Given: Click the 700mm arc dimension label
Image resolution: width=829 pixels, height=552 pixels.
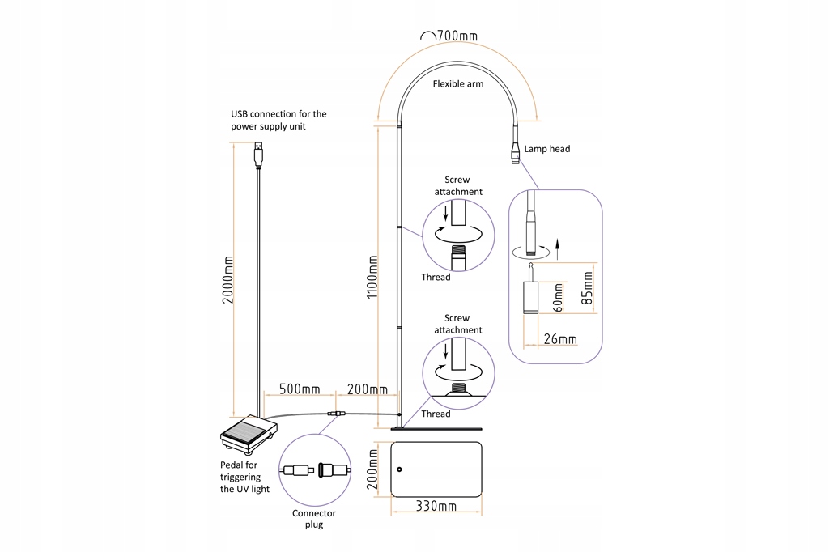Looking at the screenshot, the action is tap(457, 36).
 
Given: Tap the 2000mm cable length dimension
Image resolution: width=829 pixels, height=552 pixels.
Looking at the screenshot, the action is tap(227, 280).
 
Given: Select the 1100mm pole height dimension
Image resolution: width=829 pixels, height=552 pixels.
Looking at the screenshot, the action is tap(372, 277).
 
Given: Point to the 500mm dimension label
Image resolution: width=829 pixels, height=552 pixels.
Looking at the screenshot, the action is tap(300, 389).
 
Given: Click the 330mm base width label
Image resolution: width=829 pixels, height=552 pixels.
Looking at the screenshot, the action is tap(436, 506).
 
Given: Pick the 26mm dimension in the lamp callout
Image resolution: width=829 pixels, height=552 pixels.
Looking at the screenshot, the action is tap(560, 339).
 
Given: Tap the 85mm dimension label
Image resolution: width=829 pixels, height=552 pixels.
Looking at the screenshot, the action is tap(587, 288).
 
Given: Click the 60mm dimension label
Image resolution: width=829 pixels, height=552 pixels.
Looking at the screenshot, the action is tap(558, 298).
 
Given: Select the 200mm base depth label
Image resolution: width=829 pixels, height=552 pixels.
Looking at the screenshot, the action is tap(372, 469).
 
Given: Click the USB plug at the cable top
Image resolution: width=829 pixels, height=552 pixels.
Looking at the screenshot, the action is tap(258, 153).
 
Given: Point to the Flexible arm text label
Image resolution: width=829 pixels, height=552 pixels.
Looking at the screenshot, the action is tap(458, 83).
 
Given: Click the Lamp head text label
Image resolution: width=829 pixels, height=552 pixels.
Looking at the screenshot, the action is tap(547, 149).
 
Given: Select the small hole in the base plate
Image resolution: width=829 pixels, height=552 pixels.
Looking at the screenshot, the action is tap(399, 469).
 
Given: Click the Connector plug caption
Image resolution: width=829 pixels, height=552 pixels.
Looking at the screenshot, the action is tap(314, 519).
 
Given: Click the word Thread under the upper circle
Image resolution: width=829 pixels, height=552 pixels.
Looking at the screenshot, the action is tap(436, 277).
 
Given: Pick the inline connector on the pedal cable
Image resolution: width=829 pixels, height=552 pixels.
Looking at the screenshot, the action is tap(336, 414).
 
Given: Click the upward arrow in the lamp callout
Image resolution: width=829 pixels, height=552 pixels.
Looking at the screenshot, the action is tap(557, 248).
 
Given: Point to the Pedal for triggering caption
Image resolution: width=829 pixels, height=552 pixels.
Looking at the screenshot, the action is tap(244, 477).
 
